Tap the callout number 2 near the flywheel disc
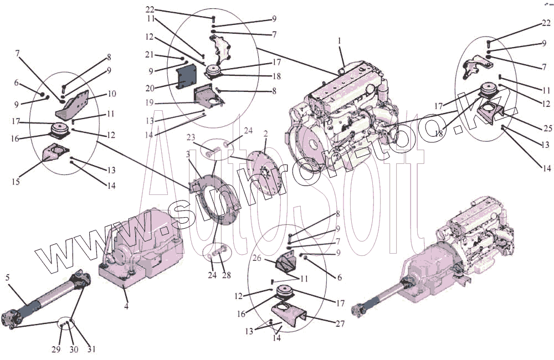click(265, 134)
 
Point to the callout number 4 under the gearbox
click(126, 305)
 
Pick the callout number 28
click(226, 275)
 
